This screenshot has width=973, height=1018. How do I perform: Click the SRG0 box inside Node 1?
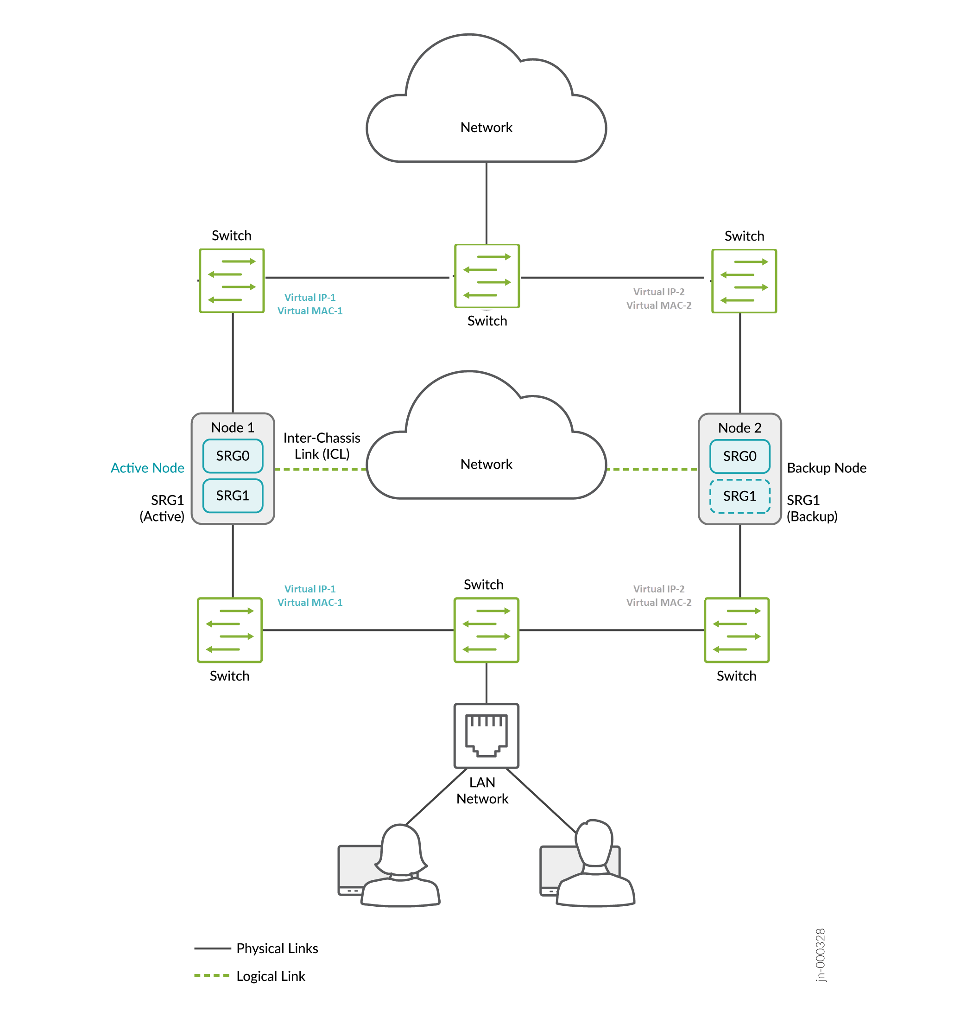pyautogui.click(x=233, y=456)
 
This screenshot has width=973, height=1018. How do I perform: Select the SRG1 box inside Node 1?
pyautogui.click(x=233, y=496)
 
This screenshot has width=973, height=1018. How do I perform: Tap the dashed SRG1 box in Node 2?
pyautogui.click(x=739, y=496)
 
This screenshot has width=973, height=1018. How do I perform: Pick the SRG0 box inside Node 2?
pyautogui.click(x=739, y=457)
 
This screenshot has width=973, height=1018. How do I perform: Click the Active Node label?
pyautogui.click(x=147, y=468)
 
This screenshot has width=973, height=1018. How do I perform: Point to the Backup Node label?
pyautogui.click(x=826, y=468)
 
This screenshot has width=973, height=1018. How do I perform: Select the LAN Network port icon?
pyautogui.click(x=486, y=736)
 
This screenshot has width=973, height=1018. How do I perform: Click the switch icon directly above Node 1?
pyautogui.click(x=232, y=281)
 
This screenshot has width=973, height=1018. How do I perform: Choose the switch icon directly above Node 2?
pyautogui.click(x=744, y=281)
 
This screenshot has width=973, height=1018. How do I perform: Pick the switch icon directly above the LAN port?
pyautogui.click(x=486, y=630)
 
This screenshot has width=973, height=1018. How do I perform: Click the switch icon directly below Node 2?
pyautogui.click(x=737, y=630)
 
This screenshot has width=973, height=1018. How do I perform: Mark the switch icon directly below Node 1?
pyautogui.click(x=230, y=630)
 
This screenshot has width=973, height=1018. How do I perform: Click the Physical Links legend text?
pyautogui.click(x=277, y=948)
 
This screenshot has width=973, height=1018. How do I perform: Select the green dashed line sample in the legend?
pyautogui.click(x=212, y=976)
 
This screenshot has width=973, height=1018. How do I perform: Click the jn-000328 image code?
pyautogui.click(x=820, y=954)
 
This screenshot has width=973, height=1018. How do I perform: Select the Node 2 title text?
pyautogui.click(x=739, y=428)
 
